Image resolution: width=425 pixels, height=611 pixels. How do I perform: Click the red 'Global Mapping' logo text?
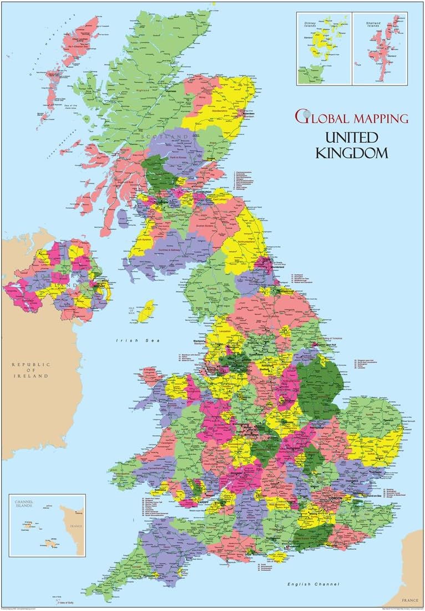[352, 117]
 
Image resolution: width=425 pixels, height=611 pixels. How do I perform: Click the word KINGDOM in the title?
[352, 153]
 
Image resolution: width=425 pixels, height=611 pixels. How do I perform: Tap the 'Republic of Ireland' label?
[31, 370]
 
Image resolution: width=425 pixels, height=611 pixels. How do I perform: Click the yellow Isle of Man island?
[146, 311]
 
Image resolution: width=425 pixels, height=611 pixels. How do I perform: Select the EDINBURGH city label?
[202, 192]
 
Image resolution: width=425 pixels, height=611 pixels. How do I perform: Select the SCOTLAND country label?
[156, 137]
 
